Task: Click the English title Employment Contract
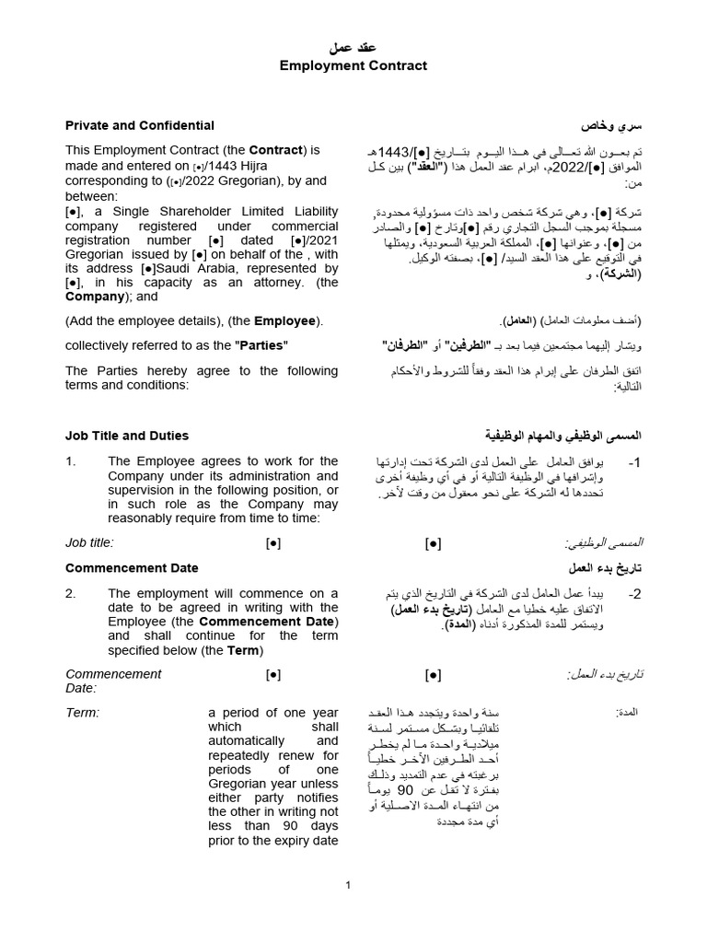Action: pyautogui.click(x=353, y=65)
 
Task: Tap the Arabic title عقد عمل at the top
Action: pyautogui.click(x=353, y=48)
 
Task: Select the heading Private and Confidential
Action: pyautogui.click(x=140, y=125)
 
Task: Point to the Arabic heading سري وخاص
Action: pyautogui.click(x=610, y=125)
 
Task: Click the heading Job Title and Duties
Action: pyautogui.click(x=127, y=436)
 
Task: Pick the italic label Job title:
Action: pyautogui.click(x=89, y=543)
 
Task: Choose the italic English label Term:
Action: pyautogui.click(x=82, y=713)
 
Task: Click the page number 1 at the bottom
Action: pyautogui.click(x=349, y=885)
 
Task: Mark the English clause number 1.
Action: pyautogui.click(x=71, y=461)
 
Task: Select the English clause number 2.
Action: pyautogui.click(x=71, y=593)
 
